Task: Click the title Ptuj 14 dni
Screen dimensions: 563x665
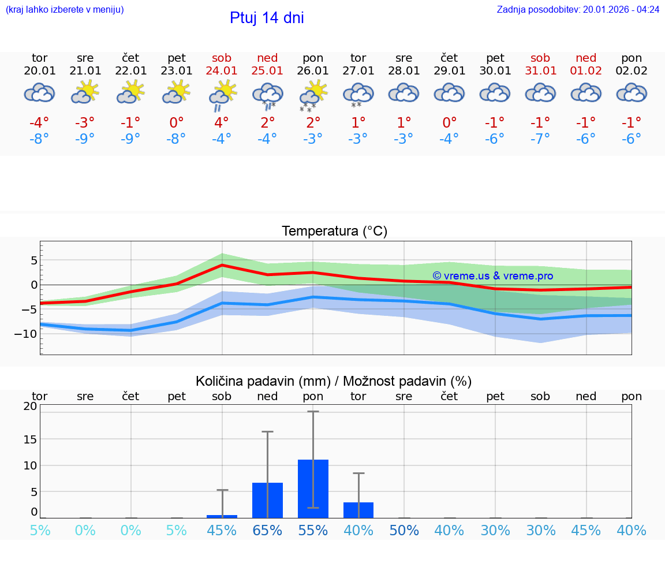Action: click(x=267, y=18)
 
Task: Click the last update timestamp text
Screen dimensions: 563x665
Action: click(x=578, y=9)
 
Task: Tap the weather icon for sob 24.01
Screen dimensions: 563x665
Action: click(x=222, y=95)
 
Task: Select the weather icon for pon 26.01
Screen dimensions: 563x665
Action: click(x=313, y=95)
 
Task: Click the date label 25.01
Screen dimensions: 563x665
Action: click(x=267, y=71)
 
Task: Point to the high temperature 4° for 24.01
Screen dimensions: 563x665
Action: click(x=222, y=122)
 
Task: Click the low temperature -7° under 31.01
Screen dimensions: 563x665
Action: click(x=540, y=139)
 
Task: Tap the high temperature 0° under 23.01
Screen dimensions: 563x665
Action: click(x=176, y=122)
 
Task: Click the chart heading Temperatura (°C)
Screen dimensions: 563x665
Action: click(x=334, y=232)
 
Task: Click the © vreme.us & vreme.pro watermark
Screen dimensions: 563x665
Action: click(x=492, y=276)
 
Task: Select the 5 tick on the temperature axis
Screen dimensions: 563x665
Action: click(x=33, y=260)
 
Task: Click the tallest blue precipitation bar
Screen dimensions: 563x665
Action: click(x=313, y=489)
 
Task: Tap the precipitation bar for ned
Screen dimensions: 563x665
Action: click(x=267, y=500)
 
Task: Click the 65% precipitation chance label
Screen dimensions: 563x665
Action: click(x=267, y=531)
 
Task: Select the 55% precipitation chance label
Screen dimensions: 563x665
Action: click(x=313, y=531)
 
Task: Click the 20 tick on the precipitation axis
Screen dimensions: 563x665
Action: click(x=30, y=406)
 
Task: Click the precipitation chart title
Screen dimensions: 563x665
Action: click(x=334, y=381)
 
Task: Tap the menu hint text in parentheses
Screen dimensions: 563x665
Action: click(x=65, y=9)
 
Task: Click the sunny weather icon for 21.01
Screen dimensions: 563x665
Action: click(x=85, y=92)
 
